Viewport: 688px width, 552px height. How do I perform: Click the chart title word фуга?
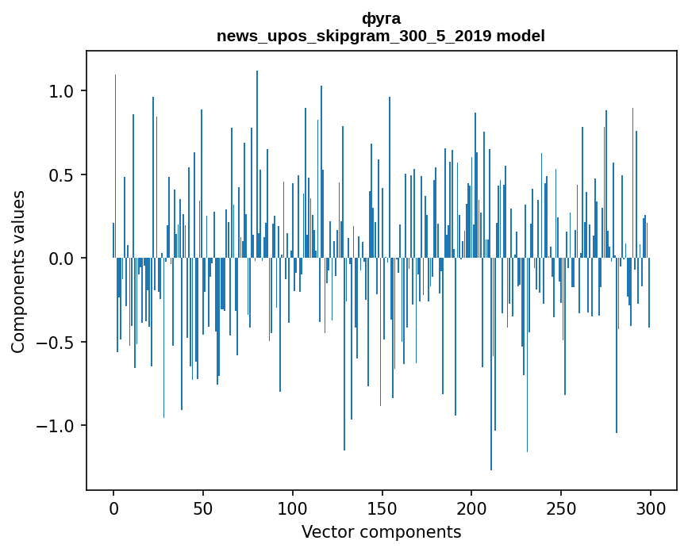(381, 19)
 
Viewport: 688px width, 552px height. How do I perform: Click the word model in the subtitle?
(521, 36)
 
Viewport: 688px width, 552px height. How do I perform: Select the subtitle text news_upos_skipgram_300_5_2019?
(354, 36)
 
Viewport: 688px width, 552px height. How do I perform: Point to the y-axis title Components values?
(18, 271)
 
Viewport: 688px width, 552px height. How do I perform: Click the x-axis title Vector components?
(381, 531)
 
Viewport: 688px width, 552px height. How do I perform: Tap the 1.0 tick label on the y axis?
(61, 91)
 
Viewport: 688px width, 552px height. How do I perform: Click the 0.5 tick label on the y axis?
(61, 175)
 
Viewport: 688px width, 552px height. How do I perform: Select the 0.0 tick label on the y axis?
(61, 259)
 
